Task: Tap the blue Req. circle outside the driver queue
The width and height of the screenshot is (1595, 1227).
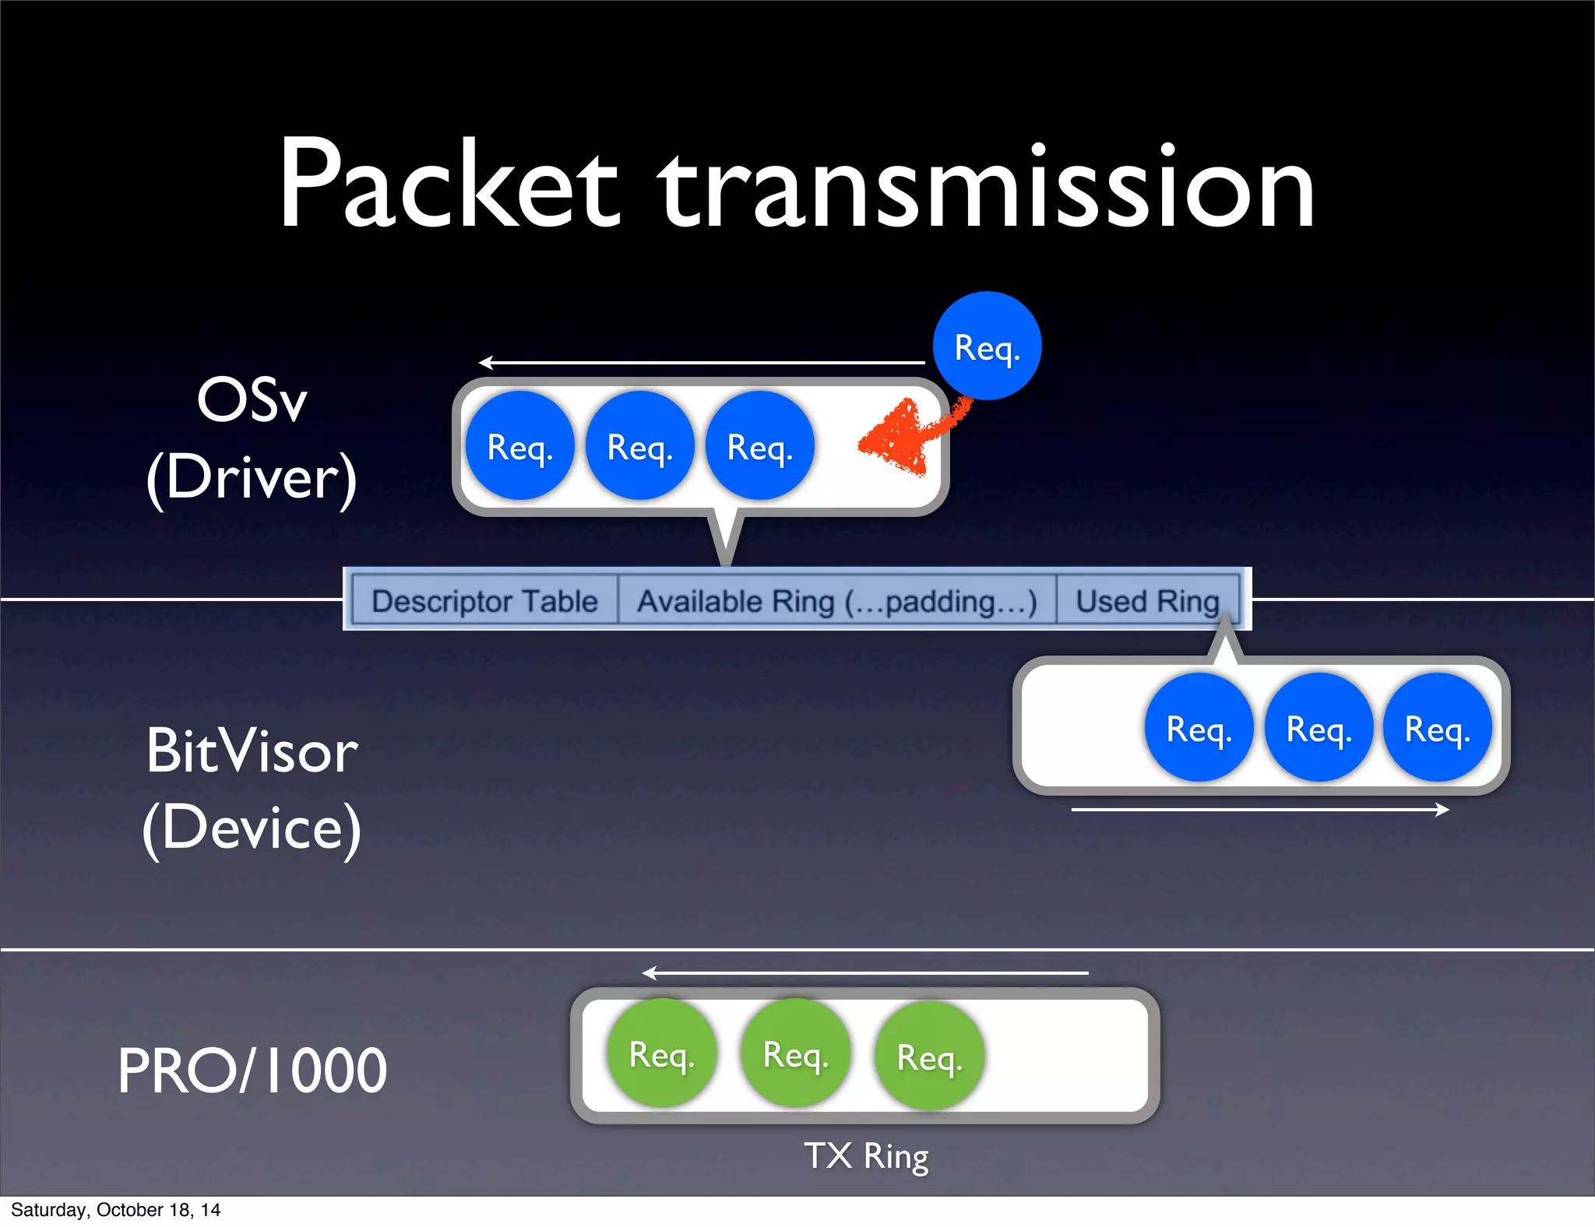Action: click(x=987, y=346)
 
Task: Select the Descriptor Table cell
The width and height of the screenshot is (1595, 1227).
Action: click(x=484, y=601)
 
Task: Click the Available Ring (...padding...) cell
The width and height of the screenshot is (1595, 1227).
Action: click(x=836, y=601)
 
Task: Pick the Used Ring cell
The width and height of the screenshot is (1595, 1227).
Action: click(x=1147, y=601)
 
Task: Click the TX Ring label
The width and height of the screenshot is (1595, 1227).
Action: click(x=866, y=1156)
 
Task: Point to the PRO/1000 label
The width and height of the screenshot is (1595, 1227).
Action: click(x=252, y=1071)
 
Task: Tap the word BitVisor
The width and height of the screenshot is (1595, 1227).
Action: click(x=252, y=751)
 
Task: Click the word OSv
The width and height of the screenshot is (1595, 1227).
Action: click(x=252, y=400)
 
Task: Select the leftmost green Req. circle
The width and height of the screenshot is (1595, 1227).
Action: click(x=661, y=1054)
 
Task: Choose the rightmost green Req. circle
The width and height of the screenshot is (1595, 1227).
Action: click(x=929, y=1056)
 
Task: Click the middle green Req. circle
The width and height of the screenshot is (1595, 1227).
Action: click(x=795, y=1054)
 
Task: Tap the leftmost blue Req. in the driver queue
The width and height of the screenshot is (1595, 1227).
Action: click(x=519, y=446)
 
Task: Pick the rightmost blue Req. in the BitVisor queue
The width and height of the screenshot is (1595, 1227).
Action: click(x=1437, y=728)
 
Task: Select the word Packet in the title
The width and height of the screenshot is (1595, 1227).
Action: click(x=449, y=187)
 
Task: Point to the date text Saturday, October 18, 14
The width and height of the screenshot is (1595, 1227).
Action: click(x=115, y=1210)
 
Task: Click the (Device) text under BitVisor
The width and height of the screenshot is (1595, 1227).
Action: click(x=252, y=828)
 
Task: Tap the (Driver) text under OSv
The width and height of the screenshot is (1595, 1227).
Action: click(x=252, y=477)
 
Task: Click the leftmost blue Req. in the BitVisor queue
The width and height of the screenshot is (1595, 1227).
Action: click(x=1199, y=728)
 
